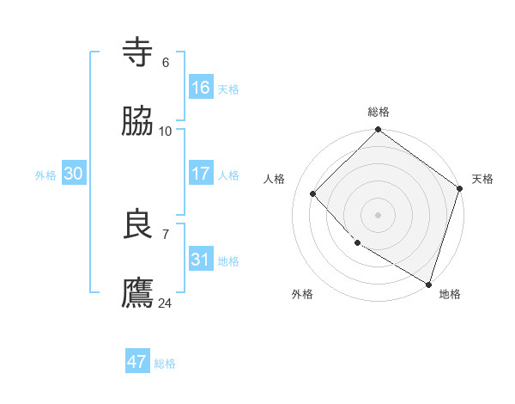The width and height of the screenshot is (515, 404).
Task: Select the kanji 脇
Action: tap(138, 122)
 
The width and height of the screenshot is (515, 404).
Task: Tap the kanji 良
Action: tap(138, 224)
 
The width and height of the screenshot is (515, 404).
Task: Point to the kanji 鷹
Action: tap(138, 293)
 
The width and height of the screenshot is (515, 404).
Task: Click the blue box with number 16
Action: tap(201, 88)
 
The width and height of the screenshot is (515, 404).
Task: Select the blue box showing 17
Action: tap(201, 174)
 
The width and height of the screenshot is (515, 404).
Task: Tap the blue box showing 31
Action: tap(201, 260)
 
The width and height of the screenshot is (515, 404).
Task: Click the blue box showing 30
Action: tap(74, 174)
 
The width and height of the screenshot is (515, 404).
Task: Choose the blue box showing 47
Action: tap(137, 362)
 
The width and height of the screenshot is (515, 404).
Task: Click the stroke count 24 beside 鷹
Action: tap(166, 303)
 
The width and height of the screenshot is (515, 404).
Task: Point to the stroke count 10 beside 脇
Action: tap(166, 131)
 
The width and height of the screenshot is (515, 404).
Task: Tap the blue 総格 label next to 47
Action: tap(165, 364)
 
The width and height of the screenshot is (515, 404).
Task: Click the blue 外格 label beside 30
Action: tap(45, 174)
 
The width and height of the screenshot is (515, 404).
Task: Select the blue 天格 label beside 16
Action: tap(228, 89)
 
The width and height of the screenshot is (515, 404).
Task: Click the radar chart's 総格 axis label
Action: tap(379, 112)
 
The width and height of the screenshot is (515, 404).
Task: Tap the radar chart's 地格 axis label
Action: tap(450, 295)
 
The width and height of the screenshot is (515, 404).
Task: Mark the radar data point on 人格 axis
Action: tap(313, 193)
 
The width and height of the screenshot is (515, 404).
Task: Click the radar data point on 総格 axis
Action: tap(378, 131)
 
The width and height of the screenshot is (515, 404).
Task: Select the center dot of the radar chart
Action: tap(378, 214)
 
